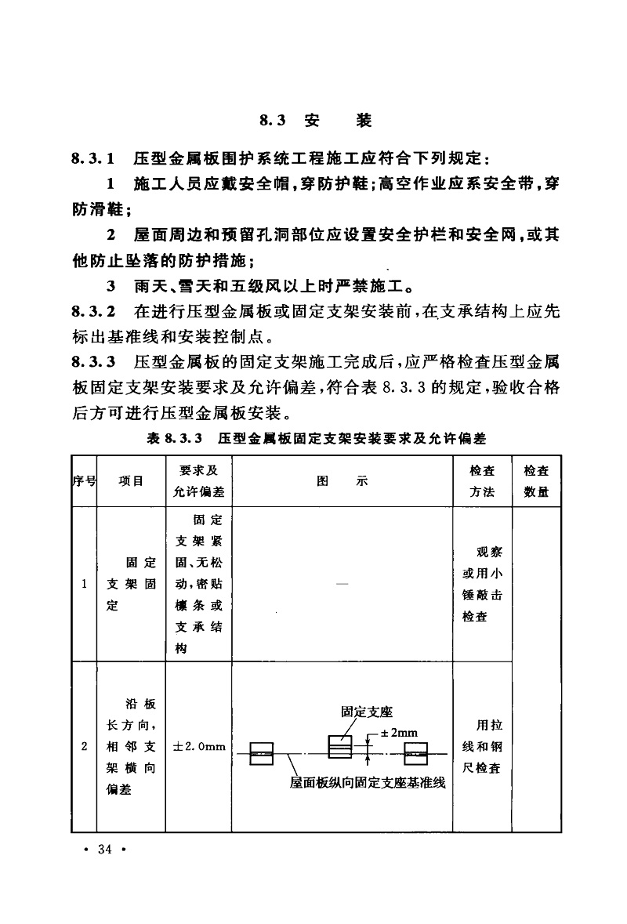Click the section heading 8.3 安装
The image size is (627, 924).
(x=314, y=121)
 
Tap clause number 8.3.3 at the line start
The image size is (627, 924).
(x=93, y=364)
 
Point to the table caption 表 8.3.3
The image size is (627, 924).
(x=316, y=439)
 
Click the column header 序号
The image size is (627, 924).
(x=83, y=481)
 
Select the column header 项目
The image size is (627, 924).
(x=131, y=481)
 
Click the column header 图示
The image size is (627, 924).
(x=342, y=481)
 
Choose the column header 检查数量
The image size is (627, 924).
(x=536, y=480)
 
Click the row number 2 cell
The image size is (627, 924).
(x=83, y=746)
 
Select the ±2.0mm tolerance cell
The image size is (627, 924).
(x=199, y=746)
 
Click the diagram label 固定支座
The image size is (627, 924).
(x=366, y=712)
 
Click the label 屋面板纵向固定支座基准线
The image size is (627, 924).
(x=368, y=782)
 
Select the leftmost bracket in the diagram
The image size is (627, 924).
(x=260, y=754)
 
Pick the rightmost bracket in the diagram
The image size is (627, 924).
(x=415, y=754)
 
